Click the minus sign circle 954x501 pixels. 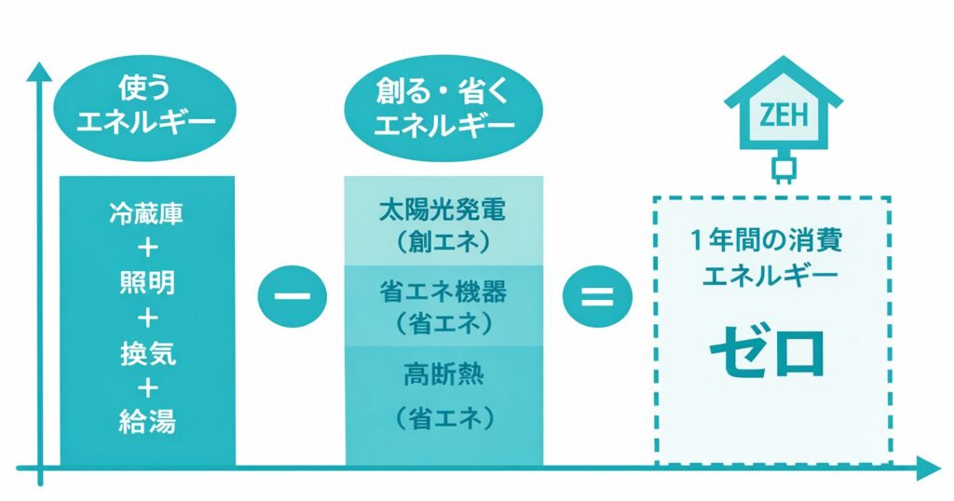pos(293,299)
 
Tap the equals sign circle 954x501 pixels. pos(597,299)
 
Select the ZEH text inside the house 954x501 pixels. pos(784,117)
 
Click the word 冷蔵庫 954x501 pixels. pos(147,212)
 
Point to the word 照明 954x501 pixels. pos(147,283)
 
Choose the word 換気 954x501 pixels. pos(147,354)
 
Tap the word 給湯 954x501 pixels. pos(147,424)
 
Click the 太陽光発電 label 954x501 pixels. pos(443,210)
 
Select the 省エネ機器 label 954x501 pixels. pos(443,291)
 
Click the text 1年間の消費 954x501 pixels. pos(769,239)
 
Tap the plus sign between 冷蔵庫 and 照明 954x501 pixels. pos(147,248)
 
